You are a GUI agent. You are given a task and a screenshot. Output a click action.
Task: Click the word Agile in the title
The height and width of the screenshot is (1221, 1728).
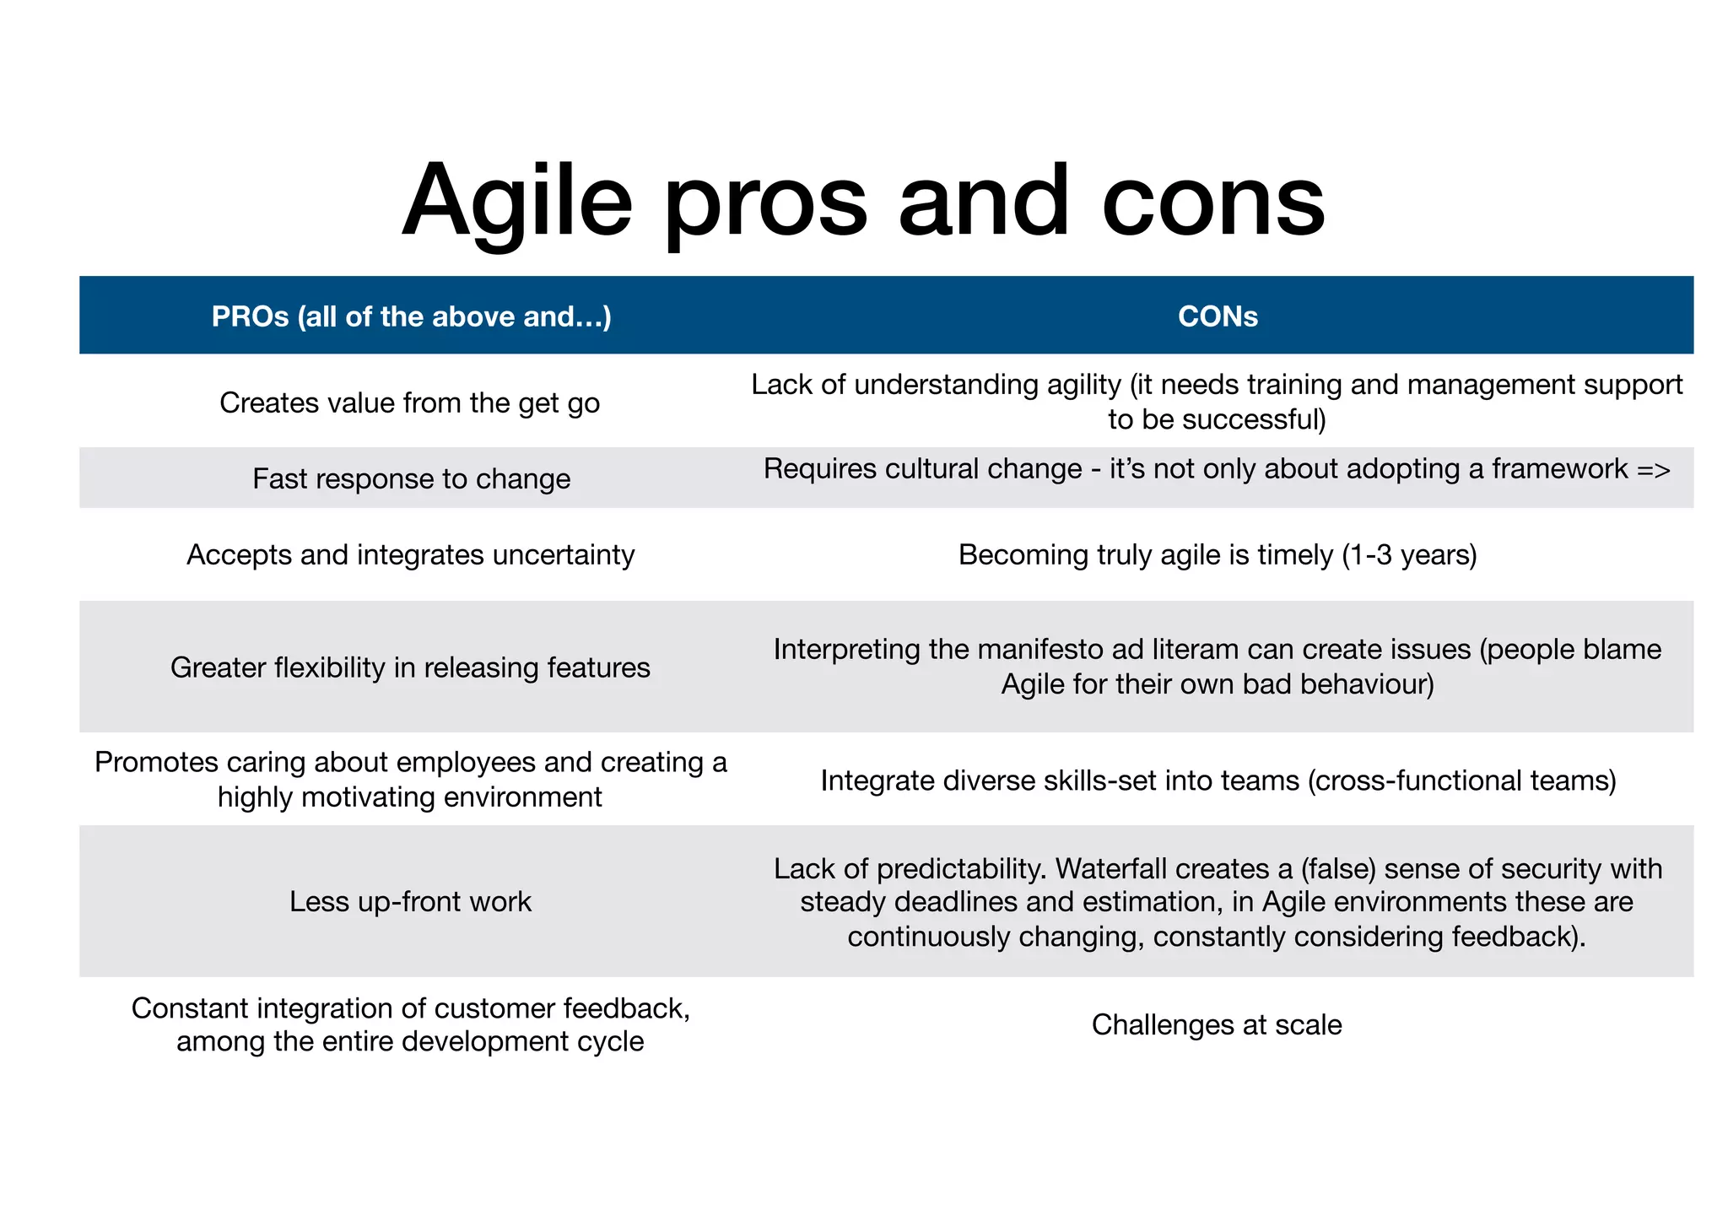pyautogui.click(x=516, y=203)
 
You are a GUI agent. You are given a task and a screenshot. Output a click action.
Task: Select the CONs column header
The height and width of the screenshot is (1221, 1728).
pyautogui.click(x=1217, y=316)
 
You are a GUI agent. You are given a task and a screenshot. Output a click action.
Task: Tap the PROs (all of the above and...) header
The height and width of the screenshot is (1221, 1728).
pyautogui.click(x=411, y=316)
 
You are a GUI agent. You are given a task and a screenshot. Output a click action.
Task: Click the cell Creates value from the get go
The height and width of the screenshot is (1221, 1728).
pyautogui.click(x=409, y=402)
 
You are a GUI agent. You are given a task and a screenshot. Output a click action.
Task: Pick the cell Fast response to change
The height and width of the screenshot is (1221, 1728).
pyautogui.click(x=411, y=478)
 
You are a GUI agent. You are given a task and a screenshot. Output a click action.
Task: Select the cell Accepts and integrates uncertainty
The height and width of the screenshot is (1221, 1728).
pyautogui.click(x=410, y=554)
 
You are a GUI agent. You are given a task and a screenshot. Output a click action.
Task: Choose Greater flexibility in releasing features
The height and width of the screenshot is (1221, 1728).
pyautogui.click(x=410, y=667)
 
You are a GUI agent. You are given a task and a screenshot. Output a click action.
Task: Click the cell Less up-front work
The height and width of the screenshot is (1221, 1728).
pyautogui.click(x=410, y=901)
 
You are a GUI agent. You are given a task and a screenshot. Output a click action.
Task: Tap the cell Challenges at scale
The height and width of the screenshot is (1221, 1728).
pyautogui.click(x=1216, y=1024)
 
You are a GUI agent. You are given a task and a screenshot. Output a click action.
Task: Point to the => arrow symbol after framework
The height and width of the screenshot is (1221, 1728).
pyautogui.click(x=1653, y=469)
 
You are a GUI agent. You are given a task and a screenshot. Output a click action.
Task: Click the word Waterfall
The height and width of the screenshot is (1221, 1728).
pyautogui.click(x=1110, y=868)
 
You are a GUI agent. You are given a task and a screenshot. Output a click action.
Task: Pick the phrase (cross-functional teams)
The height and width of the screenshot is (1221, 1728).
pyautogui.click(x=1461, y=781)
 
